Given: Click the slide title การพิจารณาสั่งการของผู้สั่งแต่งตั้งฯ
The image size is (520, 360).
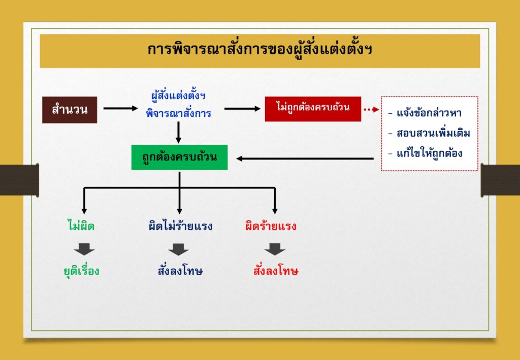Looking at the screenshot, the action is (259, 50).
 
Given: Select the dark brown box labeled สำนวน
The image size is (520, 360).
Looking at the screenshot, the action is (70, 110).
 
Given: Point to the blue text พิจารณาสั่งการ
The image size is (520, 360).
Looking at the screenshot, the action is (178, 114).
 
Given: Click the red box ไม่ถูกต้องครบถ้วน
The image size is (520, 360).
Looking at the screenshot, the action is (313, 109).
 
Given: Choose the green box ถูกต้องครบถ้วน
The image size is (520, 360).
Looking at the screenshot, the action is (179, 157).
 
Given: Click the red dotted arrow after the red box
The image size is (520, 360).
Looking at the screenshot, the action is (371, 109).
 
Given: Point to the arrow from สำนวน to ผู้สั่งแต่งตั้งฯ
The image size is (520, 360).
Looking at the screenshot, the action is (120, 108).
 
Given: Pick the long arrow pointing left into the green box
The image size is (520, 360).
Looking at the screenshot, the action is (305, 159).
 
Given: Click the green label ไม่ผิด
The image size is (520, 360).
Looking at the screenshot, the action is (80, 226).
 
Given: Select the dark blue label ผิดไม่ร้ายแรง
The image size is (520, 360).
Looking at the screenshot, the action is (180, 226).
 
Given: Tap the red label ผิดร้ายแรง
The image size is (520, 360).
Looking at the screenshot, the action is (271, 226).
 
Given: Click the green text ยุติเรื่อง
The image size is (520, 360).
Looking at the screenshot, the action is (82, 271).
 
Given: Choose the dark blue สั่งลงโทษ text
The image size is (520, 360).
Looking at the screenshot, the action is (180, 271).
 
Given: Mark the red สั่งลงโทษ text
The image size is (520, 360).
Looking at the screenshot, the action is (276, 271).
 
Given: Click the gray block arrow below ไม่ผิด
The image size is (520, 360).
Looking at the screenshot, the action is (84, 249).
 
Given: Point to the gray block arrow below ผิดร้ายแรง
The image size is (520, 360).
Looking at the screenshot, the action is (275, 249).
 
